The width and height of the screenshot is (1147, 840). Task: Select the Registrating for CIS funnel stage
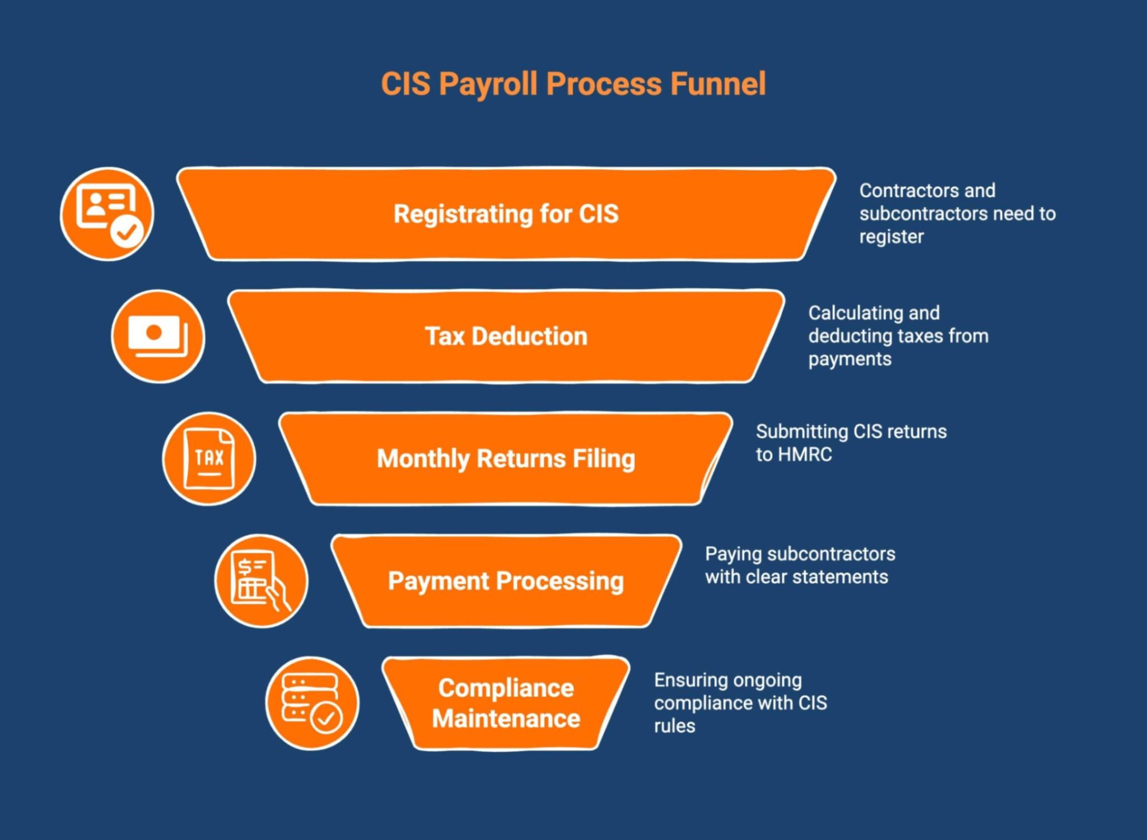tap(506, 214)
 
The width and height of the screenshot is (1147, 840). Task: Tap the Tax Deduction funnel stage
tap(506, 336)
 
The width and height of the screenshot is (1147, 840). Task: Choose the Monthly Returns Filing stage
tap(506, 459)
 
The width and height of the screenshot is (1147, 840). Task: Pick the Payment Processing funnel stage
tap(506, 581)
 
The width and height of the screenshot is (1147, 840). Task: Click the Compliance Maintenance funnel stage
tap(506, 703)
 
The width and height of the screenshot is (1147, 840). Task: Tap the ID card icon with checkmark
tap(106, 214)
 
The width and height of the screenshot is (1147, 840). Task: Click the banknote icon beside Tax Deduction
tap(158, 336)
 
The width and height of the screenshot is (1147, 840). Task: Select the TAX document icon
tap(209, 459)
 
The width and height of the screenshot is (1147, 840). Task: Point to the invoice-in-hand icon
tap(261, 581)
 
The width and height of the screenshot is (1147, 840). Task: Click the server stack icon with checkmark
tap(312, 703)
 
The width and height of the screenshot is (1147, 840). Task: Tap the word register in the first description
tap(891, 237)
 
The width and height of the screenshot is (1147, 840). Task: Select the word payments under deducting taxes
tap(850, 359)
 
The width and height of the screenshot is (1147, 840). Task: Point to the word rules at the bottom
tap(674, 726)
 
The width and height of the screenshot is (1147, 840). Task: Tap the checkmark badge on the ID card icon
tap(127, 231)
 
